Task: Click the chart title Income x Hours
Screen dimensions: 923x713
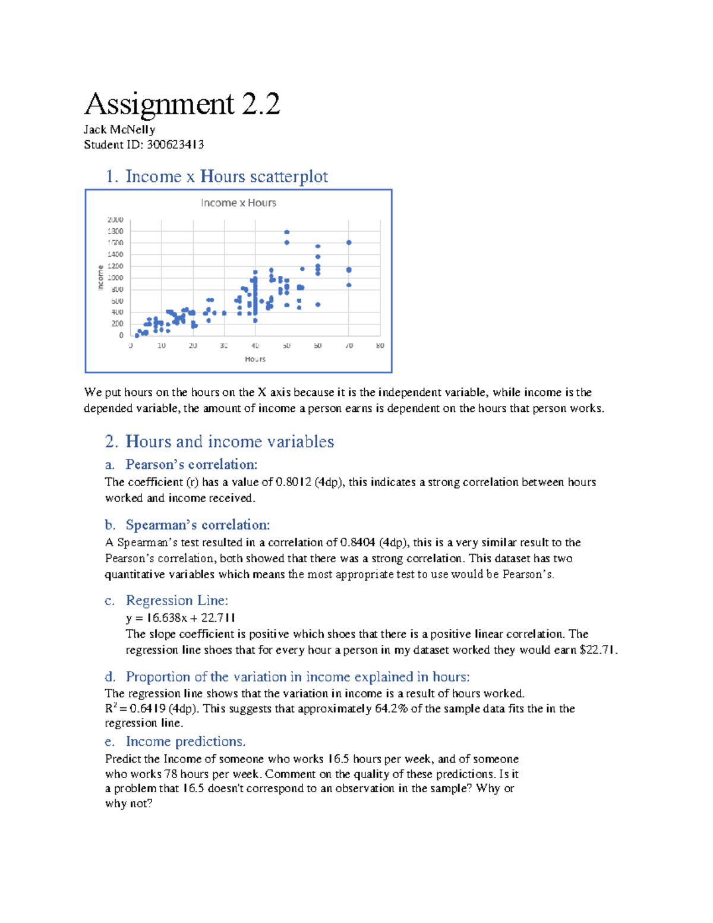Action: point(238,203)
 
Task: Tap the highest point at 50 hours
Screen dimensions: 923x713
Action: point(286,232)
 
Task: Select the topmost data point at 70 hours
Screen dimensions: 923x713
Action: point(349,242)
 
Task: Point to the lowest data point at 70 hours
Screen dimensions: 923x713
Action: point(349,285)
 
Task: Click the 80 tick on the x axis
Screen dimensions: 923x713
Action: point(380,346)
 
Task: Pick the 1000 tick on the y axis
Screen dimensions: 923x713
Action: point(115,278)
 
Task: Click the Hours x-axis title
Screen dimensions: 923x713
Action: point(255,359)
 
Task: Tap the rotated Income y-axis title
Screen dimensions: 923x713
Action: point(100,278)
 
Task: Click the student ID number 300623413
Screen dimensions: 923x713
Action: point(175,144)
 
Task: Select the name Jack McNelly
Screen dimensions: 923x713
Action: point(119,130)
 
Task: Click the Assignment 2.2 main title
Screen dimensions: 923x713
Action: point(182,104)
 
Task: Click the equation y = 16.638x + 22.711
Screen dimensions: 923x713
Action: point(181,618)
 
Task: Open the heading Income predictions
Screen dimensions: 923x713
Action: point(185,742)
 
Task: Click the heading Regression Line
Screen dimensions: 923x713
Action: point(176,600)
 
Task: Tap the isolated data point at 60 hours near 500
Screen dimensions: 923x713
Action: point(318,304)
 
